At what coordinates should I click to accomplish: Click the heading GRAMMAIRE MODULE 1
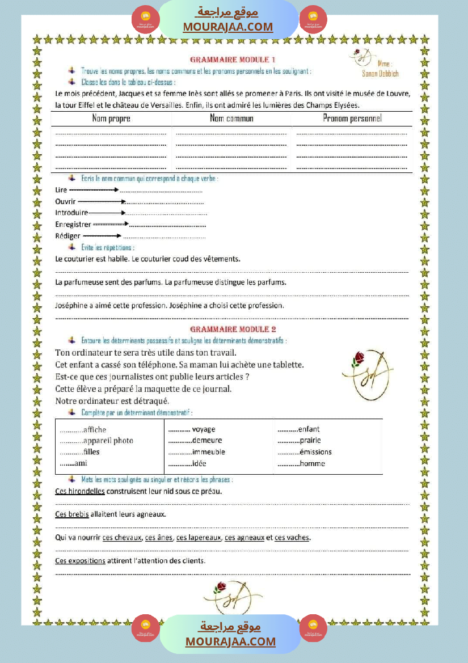click(233, 60)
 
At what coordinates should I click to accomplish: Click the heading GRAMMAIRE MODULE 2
click(233, 329)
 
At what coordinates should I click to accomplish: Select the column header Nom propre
click(111, 119)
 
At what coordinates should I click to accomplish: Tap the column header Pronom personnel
click(352, 118)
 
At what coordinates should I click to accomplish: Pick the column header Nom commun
click(231, 119)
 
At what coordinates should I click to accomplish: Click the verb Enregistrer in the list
click(73, 225)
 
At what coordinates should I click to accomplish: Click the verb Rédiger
click(68, 236)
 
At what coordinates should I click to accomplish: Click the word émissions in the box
click(315, 452)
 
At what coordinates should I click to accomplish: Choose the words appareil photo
click(108, 441)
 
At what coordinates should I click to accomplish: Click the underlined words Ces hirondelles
click(80, 491)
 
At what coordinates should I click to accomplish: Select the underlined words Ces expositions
click(80, 560)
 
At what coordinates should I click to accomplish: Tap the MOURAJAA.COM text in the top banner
click(228, 27)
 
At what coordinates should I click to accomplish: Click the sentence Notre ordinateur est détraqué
click(112, 401)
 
